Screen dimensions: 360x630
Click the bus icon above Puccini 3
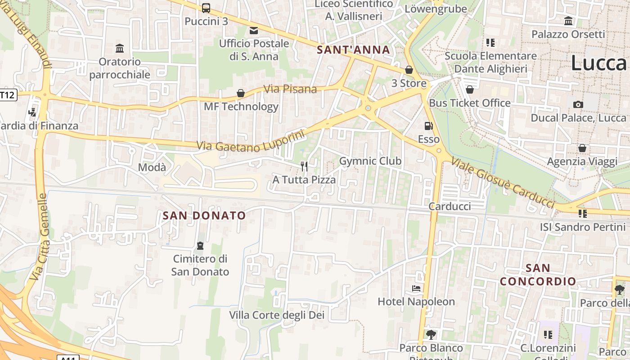206,8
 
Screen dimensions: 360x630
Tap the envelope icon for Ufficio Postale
254,30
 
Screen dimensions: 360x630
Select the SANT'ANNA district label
353,49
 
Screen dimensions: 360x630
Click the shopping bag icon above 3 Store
409,70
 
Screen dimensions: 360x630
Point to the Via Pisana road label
290,89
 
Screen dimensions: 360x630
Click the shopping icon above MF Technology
241,93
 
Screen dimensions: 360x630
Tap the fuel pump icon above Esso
428,126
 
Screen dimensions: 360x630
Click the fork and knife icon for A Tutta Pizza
304,166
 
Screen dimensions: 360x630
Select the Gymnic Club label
370,161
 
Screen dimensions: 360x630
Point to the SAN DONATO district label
204,216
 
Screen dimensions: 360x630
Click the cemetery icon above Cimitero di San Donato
200,246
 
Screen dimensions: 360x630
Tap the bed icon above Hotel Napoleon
416,288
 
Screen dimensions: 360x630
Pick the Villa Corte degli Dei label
277,315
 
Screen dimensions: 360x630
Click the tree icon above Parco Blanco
431,334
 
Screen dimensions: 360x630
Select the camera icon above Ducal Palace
578,104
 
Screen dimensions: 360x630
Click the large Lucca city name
598,63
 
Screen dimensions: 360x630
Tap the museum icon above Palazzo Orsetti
568,21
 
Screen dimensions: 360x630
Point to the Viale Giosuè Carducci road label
502,183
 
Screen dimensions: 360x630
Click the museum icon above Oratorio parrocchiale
120,48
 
